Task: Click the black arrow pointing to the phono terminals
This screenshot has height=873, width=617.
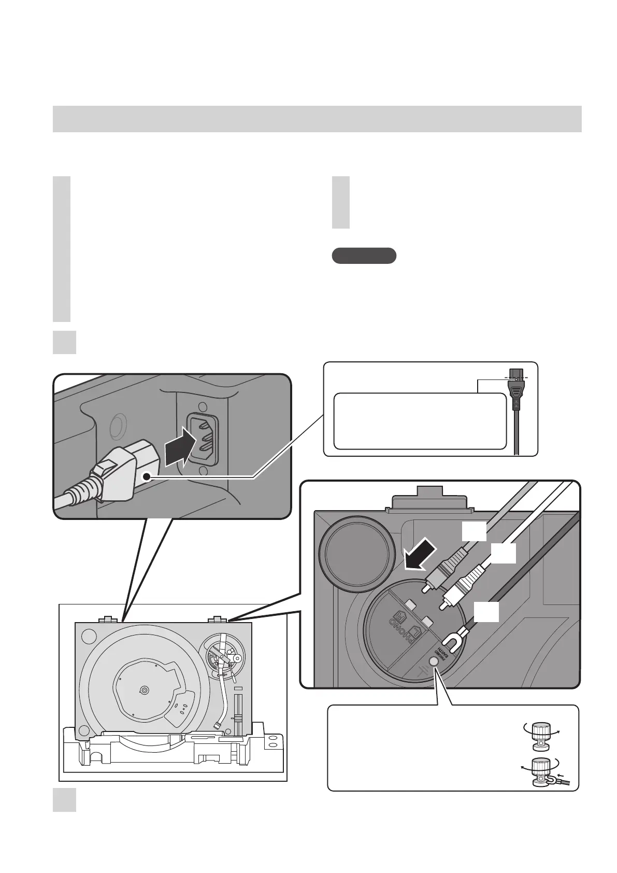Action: [420, 555]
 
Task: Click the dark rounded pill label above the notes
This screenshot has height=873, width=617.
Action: [364, 256]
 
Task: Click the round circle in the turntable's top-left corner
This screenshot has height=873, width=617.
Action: [89, 635]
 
